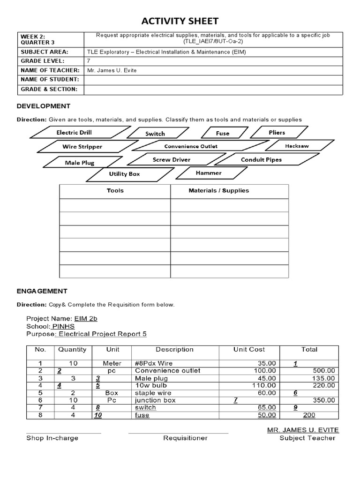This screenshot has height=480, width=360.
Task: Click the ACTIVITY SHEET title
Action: click(x=180, y=21)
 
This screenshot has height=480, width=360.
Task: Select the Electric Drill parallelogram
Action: click(x=74, y=133)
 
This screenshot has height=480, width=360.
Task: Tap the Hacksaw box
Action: click(x=297, y=146)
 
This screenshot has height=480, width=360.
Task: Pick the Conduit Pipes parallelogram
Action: click(x=261, y=160)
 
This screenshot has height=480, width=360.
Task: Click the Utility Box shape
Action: click(x=124, y=174)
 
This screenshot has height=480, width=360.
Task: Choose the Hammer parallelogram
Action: click(x=209, y=173)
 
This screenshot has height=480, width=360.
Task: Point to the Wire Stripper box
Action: click(x=82, y=147)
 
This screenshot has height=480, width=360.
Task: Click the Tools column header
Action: click(x=115, y=191)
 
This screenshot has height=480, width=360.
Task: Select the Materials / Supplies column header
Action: click(x=218, y=191)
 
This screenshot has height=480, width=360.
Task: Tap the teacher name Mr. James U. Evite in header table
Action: click(x=112, y=70)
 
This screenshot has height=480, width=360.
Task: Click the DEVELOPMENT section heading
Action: click(x=44, y=106)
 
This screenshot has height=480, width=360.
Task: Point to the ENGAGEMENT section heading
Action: click(x=42, y=291)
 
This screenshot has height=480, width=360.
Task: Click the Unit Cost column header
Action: click(x=249, y=349)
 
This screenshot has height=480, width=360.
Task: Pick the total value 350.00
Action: click(x=323, y=400)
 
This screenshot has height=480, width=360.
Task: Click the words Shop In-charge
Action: click(x=52, y=438)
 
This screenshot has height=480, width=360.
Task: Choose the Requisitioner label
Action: click(x=185, y=438)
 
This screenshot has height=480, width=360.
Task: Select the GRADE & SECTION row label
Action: click(x=48, y=89)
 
